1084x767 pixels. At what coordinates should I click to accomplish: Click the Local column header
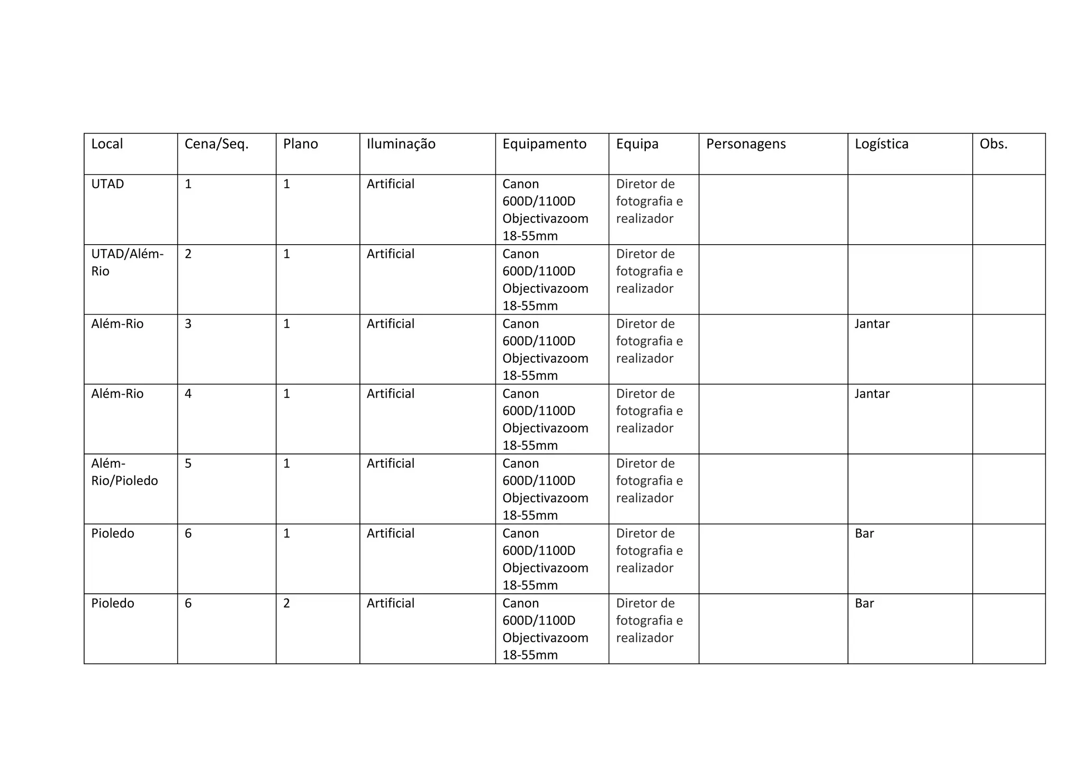107,144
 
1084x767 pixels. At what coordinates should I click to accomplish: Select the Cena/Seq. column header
216,144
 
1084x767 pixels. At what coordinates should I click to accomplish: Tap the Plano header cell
300,144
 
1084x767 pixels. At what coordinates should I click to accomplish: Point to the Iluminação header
401,144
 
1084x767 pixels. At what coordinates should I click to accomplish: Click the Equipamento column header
544,144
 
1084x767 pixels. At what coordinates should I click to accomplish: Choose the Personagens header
746,144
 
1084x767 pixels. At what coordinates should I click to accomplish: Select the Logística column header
881,144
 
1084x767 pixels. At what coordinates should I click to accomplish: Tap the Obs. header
993,144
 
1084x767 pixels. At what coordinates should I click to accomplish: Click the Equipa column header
637,144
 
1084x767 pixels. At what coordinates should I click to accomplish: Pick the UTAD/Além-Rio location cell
127,262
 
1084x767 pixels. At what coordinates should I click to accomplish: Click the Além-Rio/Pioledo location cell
124,472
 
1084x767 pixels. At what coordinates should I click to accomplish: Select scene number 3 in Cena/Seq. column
188,324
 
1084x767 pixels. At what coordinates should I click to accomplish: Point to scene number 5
188,463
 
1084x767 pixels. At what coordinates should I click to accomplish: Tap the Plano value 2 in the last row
286,603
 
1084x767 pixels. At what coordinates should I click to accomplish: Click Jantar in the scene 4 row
872,394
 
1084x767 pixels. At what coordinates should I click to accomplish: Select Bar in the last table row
864,603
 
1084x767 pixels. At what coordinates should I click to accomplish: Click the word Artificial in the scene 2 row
390,254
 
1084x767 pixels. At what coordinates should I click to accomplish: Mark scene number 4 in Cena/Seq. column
188,394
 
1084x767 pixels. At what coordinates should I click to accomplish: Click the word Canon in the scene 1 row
520,184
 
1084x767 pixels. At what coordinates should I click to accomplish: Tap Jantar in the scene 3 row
872,324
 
